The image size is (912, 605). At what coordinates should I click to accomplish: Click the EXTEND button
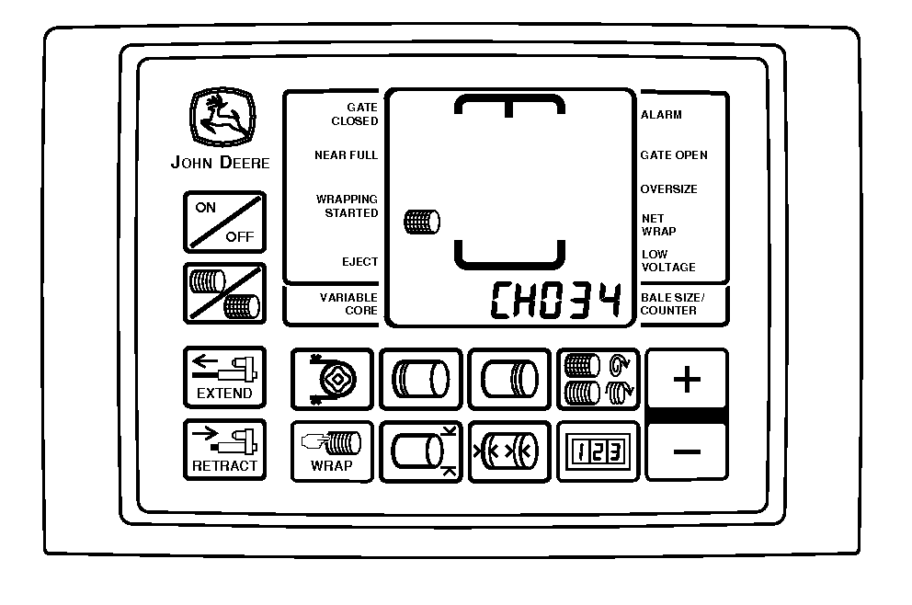pyautogui.click(x=224, y=378)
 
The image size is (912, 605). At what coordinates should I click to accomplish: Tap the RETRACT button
pyautogui.click(x=224, y=450)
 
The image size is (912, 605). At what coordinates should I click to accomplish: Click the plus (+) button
pyautogui.click(x=687, y=380)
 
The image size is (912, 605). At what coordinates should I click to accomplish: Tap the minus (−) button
pyautogui.click(x=687, y=451)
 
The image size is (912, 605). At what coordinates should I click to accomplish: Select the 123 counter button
pyautogui.click(x=598, y=451)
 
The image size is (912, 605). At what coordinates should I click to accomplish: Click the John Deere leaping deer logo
pyautogui.click(x=222, y=117)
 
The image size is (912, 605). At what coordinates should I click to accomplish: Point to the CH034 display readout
pyautogui.click(x=556, y=300)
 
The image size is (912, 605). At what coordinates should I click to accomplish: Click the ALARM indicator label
pyautogui.click(x=661, y=115)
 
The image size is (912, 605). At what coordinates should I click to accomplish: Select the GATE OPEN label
pyautogui.click(x=674, y=155)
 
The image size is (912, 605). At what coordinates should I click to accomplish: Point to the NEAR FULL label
pyautogui.click(x=346, y=155)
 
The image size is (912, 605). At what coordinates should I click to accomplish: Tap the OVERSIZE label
pyautogui.click(x=669, y=189)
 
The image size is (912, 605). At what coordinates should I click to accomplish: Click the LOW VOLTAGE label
pyautogui.click(x=668, y=260)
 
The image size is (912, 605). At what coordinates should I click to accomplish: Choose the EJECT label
pyautogui.click(x=360, y=262)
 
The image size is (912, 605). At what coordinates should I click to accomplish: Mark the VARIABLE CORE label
pyautogui.click(x=349, y=304)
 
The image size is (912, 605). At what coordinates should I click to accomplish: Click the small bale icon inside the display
pyautogui.click(x=422, y=222)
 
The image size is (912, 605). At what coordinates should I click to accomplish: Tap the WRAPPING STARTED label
pyautogui.click(x=348, y=206)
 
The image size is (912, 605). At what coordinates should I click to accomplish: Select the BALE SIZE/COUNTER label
pyautogui.click(x=672, y=303)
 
